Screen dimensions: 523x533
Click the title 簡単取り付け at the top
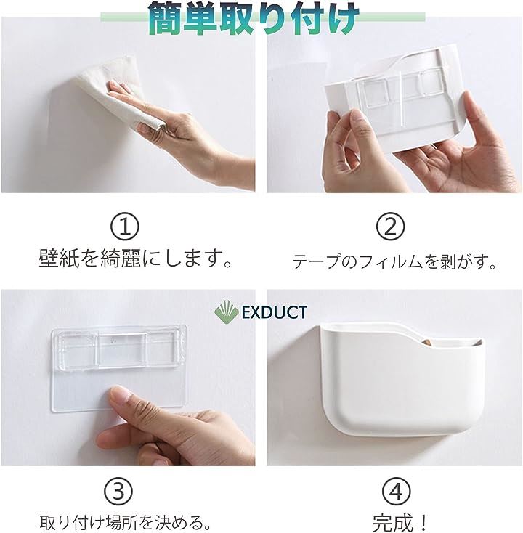[254, 17]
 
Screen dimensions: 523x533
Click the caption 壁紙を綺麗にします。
[136, 259]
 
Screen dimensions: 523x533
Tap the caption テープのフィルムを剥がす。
[395, 261]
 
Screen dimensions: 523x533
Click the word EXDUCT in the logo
[275, 313]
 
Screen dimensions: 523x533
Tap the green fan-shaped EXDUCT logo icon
[226, 312]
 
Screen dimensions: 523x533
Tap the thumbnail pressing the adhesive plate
[121, 394]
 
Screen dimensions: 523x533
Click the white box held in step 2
[394, 96]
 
